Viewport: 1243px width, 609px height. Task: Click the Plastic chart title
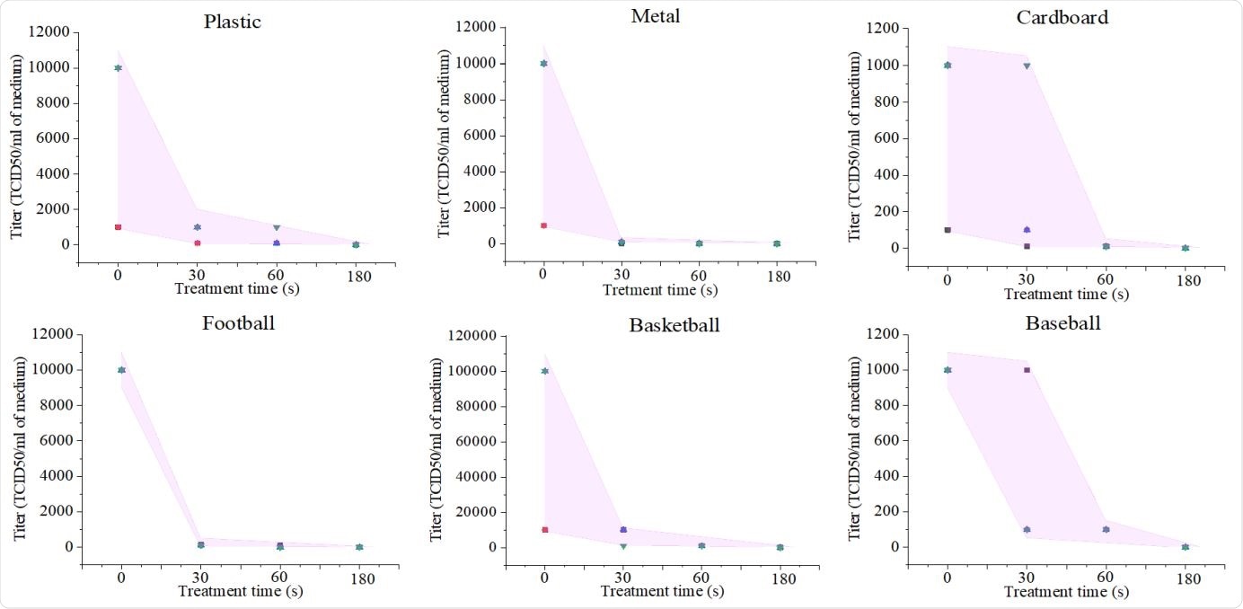(x=232, y=22)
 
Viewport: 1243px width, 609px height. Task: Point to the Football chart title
(x=238, y=322)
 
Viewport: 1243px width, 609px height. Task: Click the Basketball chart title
(x=674, y=324)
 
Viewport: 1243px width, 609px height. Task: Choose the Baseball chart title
(x=1062, y=322)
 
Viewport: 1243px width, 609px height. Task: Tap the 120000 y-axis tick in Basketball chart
(x=473, y=336)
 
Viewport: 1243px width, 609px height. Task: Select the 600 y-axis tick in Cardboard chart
(x=886, y=138)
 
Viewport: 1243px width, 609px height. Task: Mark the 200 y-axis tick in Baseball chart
(x=886, y=512)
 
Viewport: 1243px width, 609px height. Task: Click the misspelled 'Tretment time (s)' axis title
(x=659, y=290)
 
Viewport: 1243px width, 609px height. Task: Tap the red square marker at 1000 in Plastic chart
(x=118, y=227)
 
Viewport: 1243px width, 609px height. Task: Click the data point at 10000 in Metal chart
(x=543, y=63)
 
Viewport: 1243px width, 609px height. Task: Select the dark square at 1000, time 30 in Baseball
(x=1027, y=370)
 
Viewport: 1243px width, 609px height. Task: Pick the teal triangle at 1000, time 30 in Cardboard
(x=1027, y=66)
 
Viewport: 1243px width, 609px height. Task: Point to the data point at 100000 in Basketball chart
(x=544, y=370)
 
